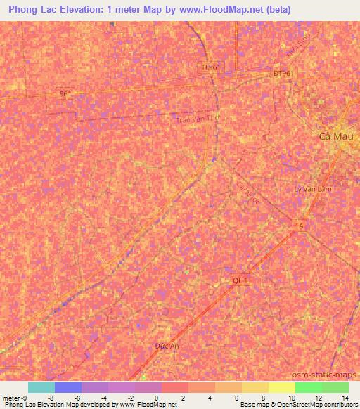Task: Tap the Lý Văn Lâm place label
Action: (x=311, y=189)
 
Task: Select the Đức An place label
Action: (x=167, y=346)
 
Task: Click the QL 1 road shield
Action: (x=241, y=280)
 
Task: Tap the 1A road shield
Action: (x=300, y=225)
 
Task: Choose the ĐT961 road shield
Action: (x=284, y=73)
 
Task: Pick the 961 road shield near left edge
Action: (x=66, y=93)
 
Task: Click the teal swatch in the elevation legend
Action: (x=41, y=387)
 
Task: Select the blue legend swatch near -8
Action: (x=68, y=387)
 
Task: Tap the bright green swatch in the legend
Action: (x=309, y=387)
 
